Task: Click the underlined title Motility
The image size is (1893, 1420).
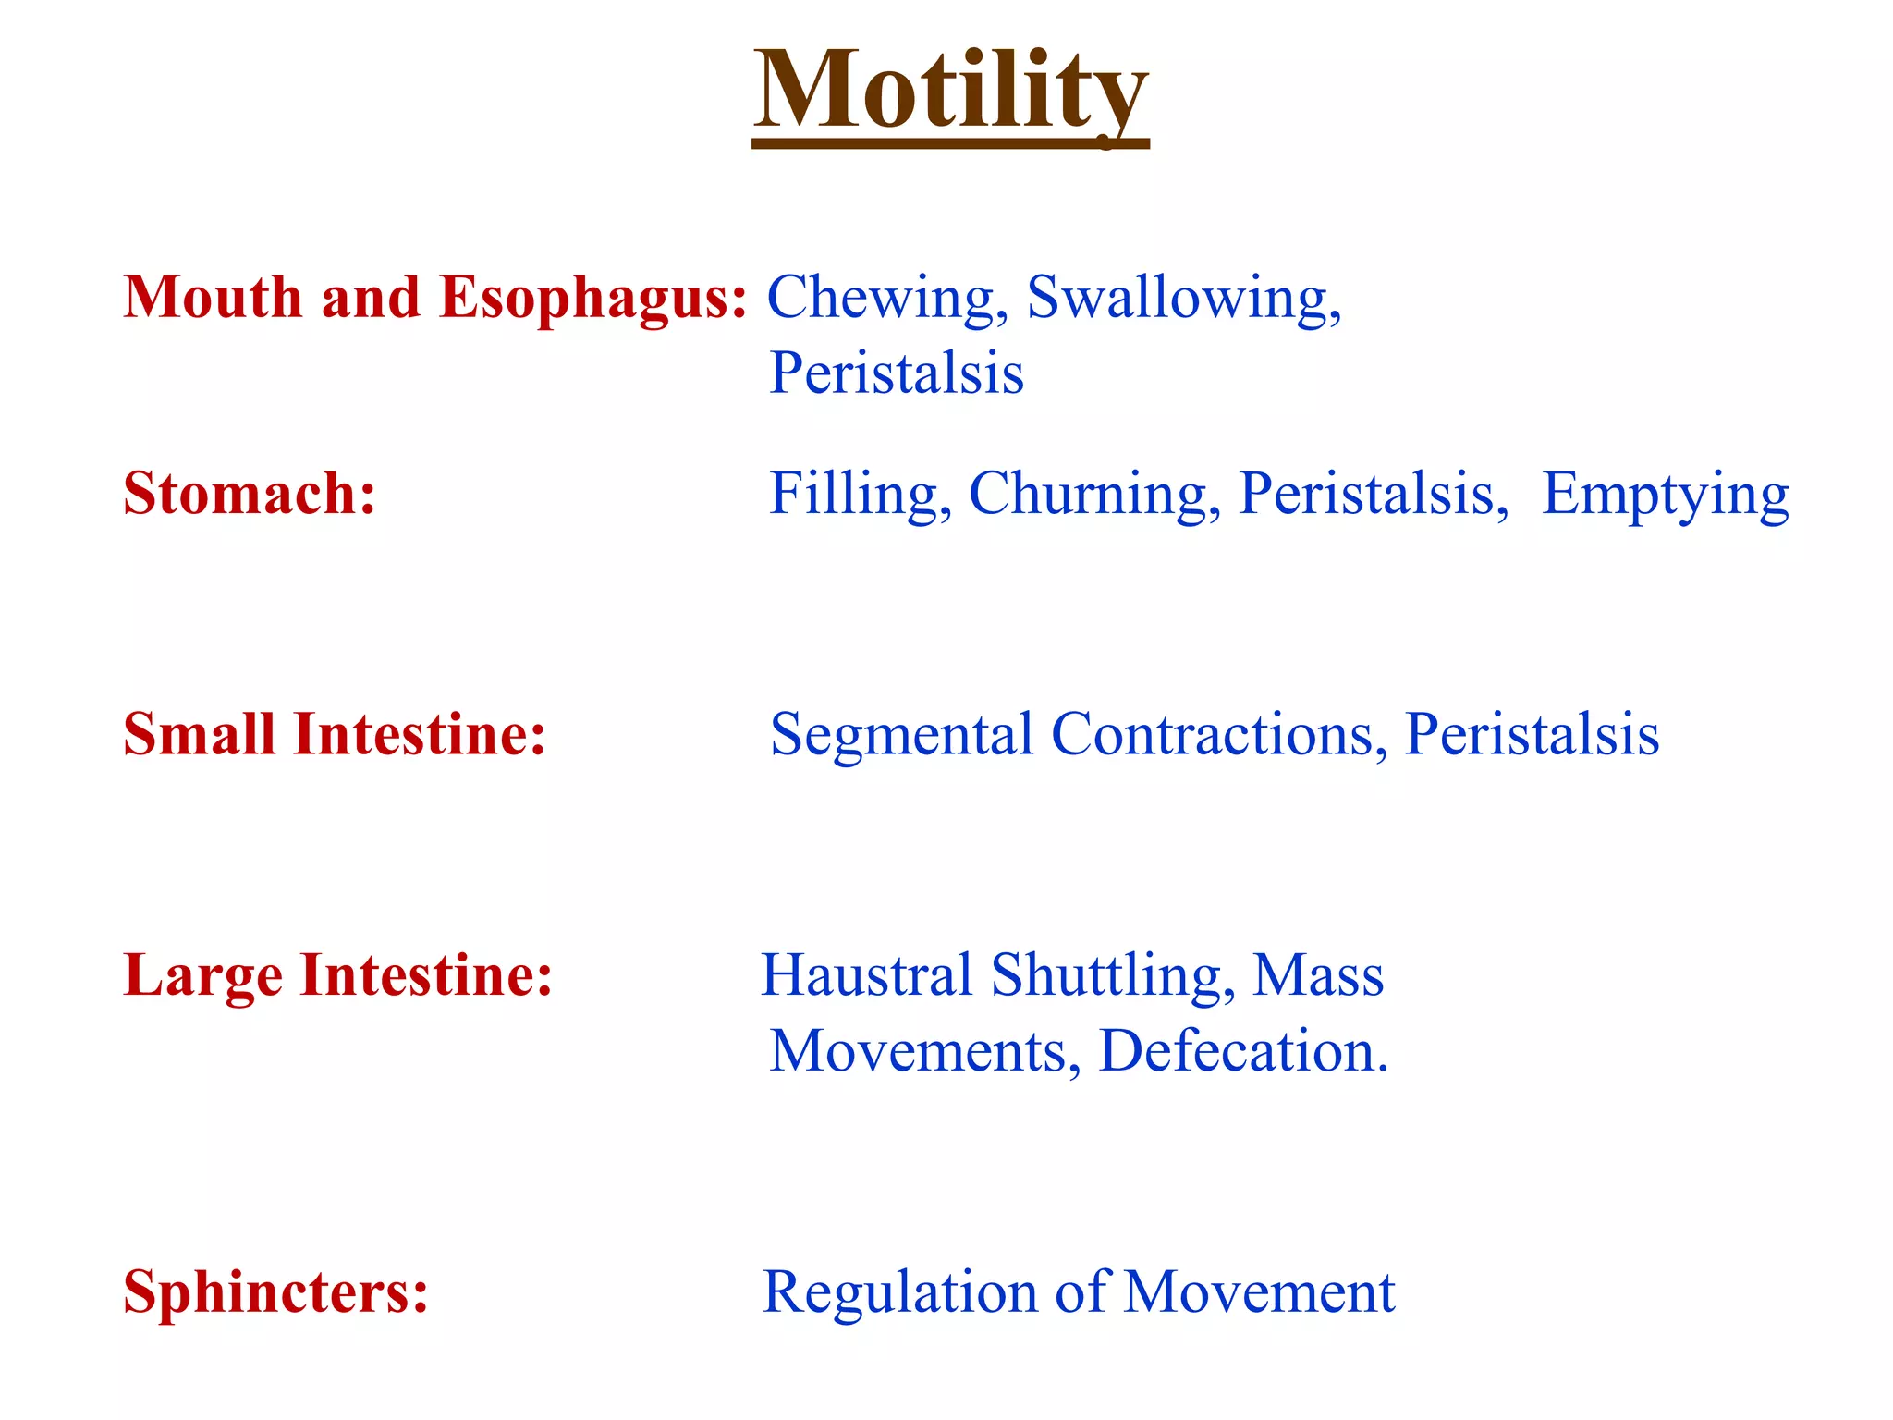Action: point(950,92)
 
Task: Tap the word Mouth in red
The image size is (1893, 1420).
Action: point(213,298)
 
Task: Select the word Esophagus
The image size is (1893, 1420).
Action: point(592,300)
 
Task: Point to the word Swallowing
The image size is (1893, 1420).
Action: point(1183,300)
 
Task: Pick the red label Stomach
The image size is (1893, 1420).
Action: point(250,494)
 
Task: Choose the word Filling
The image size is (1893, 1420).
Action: point(860,496)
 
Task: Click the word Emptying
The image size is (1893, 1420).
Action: point(1666,496)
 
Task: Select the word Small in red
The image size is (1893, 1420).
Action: point(199,735)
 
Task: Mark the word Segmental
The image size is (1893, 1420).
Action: point(901,736)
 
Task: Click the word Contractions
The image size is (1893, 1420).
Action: point(1218,736)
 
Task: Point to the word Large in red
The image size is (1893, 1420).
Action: point(202,976)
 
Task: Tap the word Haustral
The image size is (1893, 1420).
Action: point(866,976)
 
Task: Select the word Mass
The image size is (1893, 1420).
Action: point(1318,976)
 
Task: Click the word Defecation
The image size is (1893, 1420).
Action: point(1243,1052)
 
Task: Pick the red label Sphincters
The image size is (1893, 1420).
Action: point(275,1292)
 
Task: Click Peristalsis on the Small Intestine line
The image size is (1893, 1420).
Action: point(1532,736)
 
